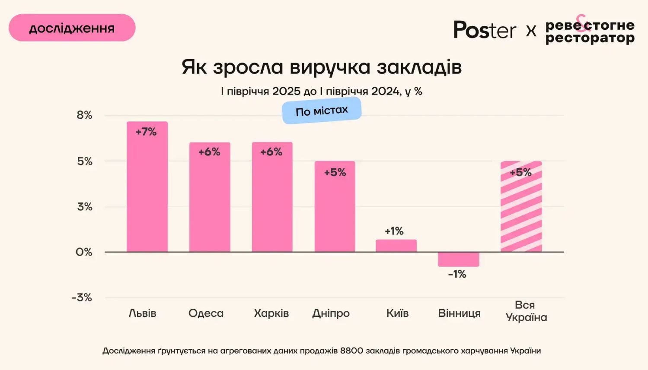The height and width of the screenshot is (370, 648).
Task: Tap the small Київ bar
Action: pos(396,246)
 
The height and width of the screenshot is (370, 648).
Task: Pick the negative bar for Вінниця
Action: pos(458,259)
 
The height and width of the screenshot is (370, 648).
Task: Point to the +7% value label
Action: pos(146,132)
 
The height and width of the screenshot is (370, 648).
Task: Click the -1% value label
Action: pos(457,274)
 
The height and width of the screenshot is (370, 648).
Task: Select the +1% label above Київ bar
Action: pos(394,231)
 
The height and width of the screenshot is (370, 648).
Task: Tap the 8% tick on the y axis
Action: pos(85,115)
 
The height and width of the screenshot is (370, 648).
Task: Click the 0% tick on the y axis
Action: pos(84,252)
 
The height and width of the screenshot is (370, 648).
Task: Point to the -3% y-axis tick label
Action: pos(82,297)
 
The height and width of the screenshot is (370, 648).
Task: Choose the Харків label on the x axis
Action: pos(271,313)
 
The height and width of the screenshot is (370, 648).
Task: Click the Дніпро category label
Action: pos(331,313)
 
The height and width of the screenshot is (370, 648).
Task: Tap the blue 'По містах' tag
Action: pos(322,111)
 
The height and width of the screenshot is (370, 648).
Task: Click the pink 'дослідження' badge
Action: pos(72,28)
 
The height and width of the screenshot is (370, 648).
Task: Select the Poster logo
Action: pos(485,30)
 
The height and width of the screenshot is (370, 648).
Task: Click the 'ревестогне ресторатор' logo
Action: pos(590,32)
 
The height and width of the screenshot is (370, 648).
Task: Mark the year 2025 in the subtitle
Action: pos(286,91)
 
